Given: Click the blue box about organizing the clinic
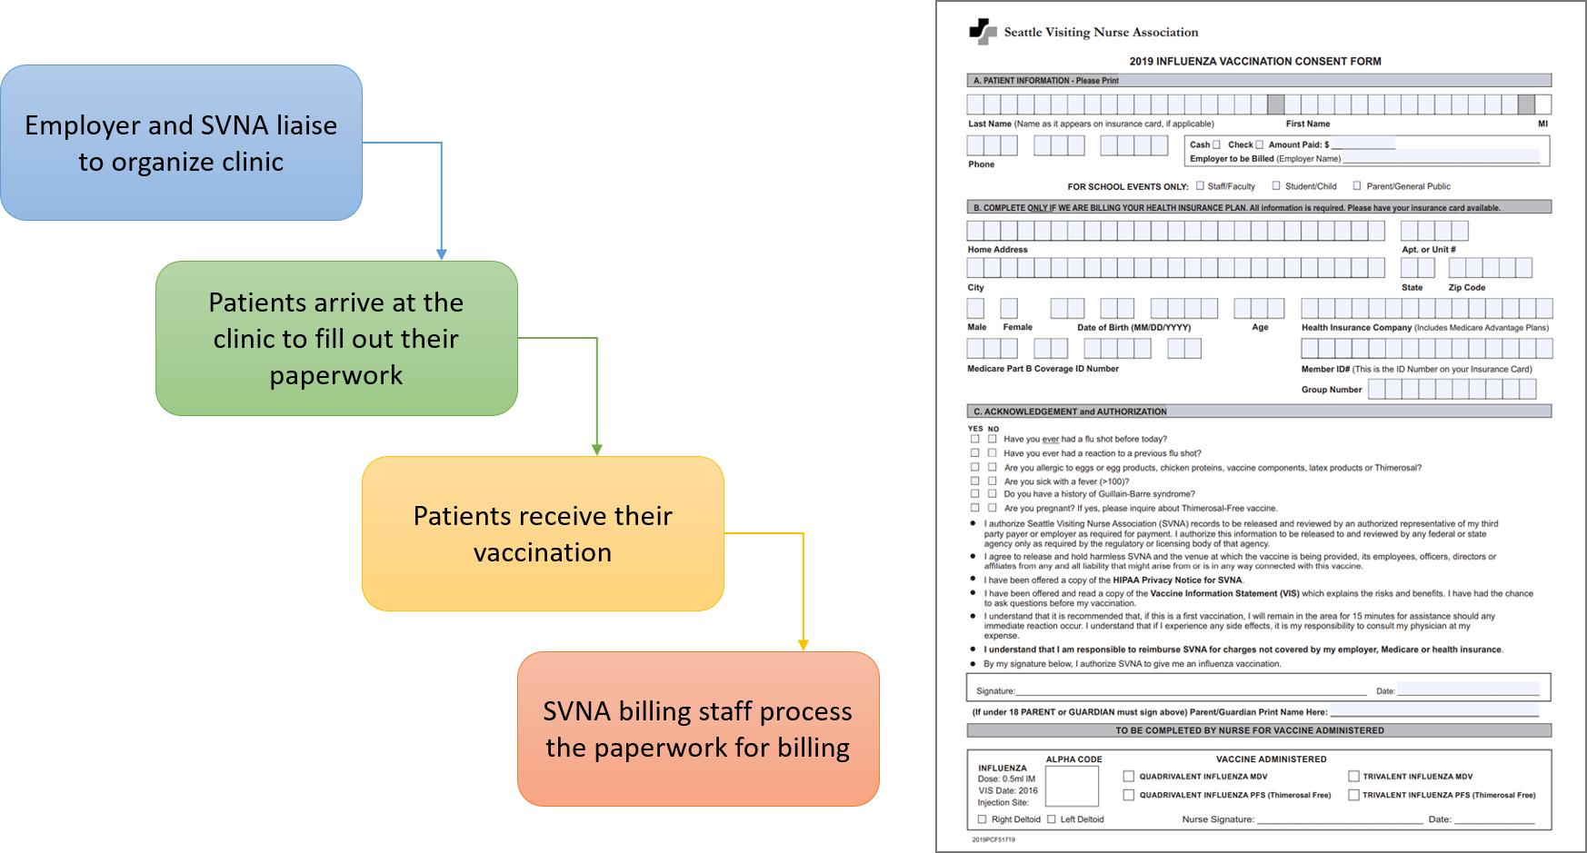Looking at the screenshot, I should [x=181, y=143].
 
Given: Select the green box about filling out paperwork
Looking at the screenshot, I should [x=336, y=338].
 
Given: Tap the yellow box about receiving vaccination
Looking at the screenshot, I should [x=543, y=533].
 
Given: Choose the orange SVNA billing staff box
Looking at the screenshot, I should [x=698, y=729].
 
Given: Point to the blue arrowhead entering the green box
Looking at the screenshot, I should [x=442, y=255].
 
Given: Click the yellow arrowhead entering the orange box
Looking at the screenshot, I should [x=803, y=645].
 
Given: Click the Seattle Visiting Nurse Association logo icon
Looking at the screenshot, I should [x=983, y=32].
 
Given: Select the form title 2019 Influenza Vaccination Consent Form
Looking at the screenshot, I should [x=1254, y=62].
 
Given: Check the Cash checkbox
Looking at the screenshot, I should [x=1216, y=144].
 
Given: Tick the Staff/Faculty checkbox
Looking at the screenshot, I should [x=1200, y=186].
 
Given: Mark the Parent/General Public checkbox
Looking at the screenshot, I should [x=1357, y=186].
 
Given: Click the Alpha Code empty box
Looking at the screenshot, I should [x=1073, y=786].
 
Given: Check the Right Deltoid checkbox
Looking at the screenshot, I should [x=982, y=819].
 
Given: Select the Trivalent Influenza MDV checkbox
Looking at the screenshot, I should [x=1353, y=777].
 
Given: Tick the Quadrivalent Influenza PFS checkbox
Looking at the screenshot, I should [x=1129, y=795].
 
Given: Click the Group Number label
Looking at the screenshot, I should [x=1331, y=390].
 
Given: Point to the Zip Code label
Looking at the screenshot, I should [x=1466, y=288].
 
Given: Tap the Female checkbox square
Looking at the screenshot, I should [x=1008, y=308].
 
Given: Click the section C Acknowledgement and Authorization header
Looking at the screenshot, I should [x=1069, y=412].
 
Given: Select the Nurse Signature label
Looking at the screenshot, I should [x=1217, y=819].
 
